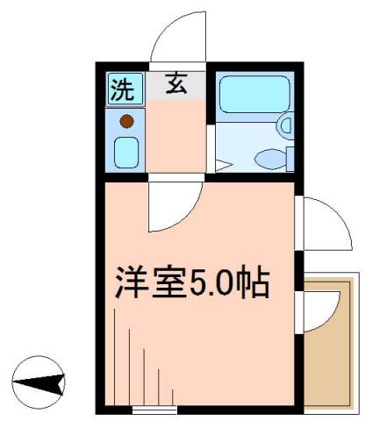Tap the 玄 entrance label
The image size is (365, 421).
point(175,86)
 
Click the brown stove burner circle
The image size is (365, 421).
point(126,121)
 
